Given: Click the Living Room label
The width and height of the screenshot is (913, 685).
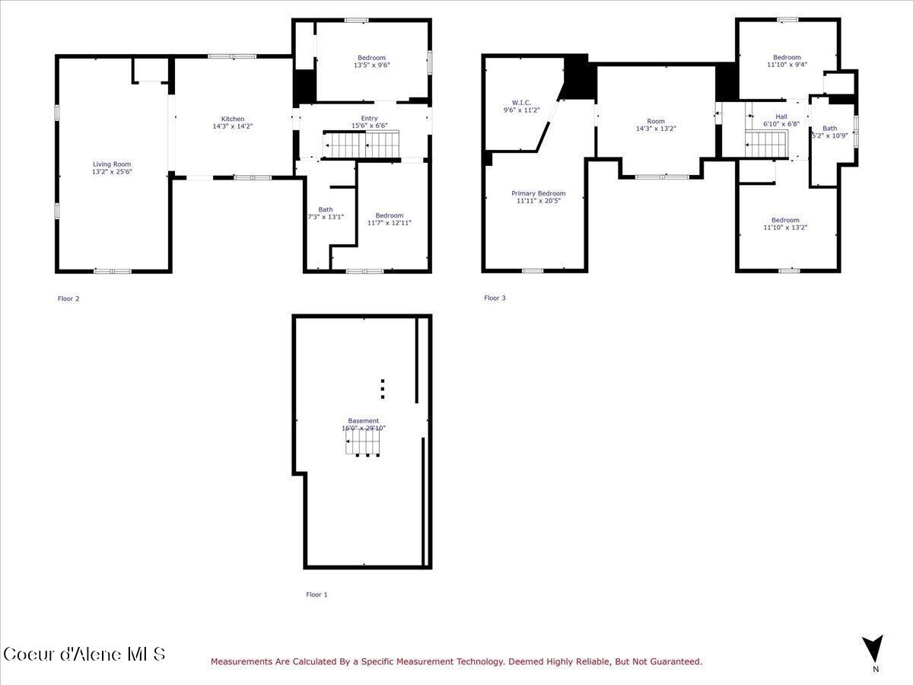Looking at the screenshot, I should pos(112,164).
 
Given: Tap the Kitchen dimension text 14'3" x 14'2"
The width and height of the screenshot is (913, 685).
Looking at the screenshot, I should pos(233,126).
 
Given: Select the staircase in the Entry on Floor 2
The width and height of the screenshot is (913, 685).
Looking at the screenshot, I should pos(362,143).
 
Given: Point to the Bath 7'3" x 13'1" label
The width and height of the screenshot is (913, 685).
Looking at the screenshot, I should pos(326,210).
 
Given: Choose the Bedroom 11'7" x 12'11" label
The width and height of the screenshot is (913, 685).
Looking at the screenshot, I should pos(389,215).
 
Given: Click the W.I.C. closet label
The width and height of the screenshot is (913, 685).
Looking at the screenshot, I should pos(521,102).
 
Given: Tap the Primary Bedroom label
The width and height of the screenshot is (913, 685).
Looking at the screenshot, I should pos(538,193).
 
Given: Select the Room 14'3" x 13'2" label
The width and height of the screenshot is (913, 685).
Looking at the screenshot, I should pos(655,121).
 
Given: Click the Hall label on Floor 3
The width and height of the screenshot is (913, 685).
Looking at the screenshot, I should pos(781,116).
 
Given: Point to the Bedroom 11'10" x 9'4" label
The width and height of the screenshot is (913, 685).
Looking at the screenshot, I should pos(787,57).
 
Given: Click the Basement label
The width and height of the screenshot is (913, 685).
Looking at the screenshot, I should pos(363,421).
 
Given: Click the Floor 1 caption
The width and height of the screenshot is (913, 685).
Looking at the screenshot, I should pos(317,594).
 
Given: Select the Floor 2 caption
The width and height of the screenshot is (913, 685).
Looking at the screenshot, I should pos(68,298).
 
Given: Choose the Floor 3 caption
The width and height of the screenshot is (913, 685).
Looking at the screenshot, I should pos(495,298).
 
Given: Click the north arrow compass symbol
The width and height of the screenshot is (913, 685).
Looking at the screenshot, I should pos(875,649).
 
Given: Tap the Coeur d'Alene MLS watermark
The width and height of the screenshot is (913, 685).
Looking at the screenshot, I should pos(84,654).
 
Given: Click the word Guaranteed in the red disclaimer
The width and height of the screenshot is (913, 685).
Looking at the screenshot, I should pos(673,662).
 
